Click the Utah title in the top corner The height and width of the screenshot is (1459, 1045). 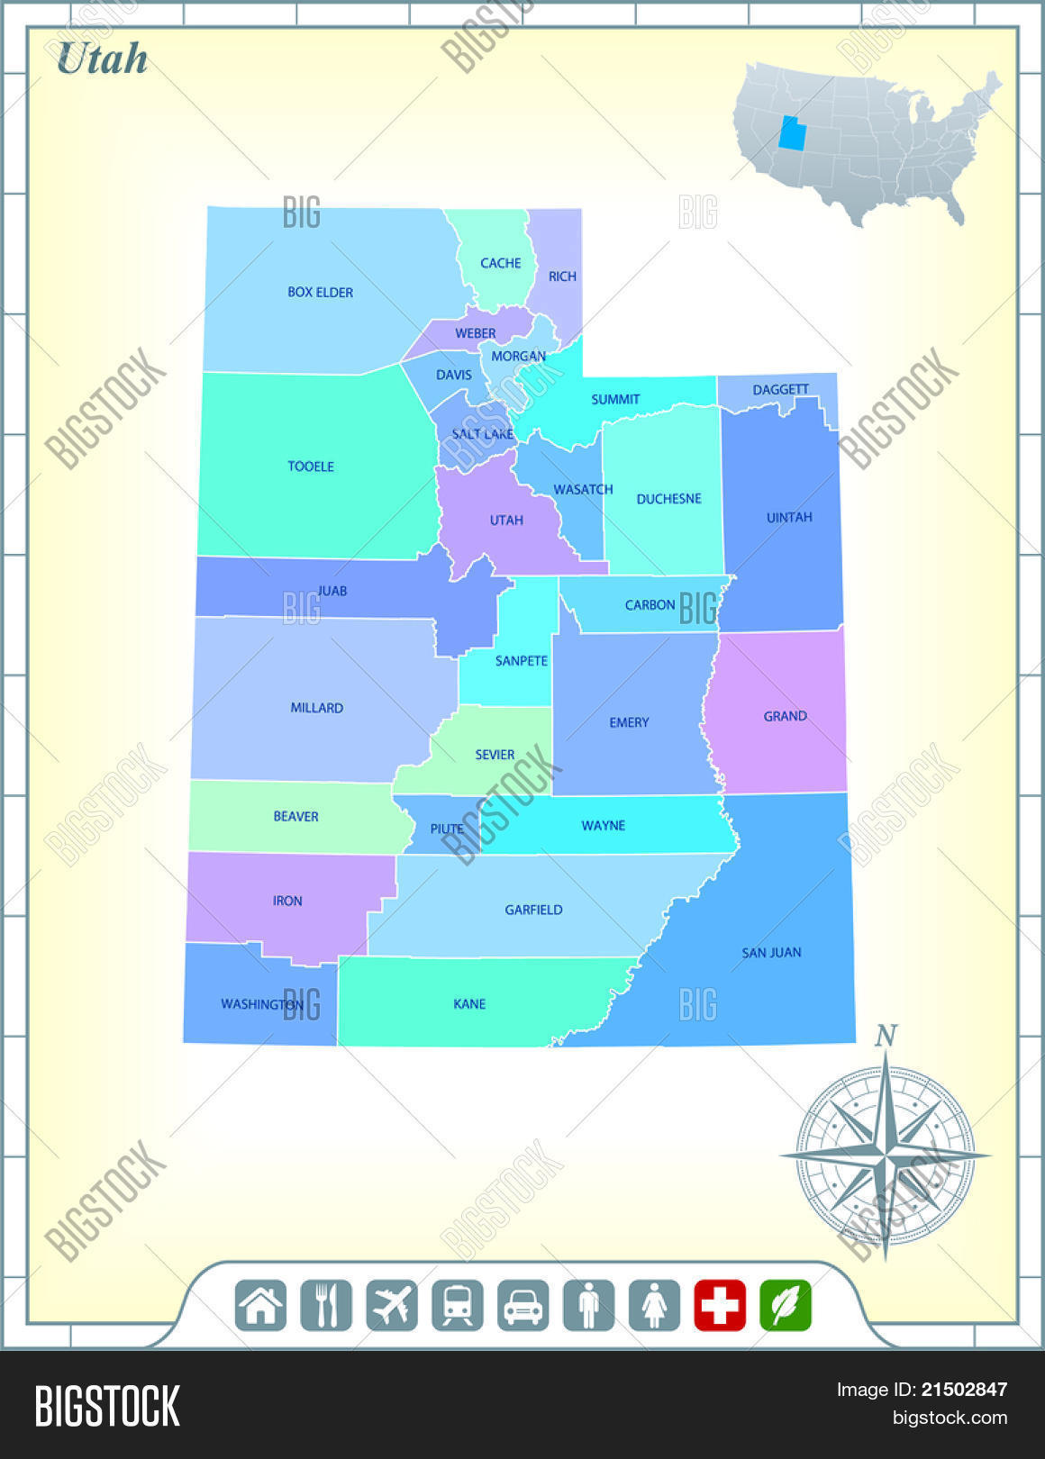tap(102, 59)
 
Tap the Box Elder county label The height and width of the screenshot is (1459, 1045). tap(320, 292)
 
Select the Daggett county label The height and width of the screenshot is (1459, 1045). tap(780, 389)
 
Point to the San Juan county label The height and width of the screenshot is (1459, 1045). tap(771, 952)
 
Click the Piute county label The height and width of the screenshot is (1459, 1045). tap(447, 829)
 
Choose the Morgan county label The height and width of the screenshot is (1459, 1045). tap(518, 356)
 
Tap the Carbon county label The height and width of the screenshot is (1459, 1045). tap(650, 604)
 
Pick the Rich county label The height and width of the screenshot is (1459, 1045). tap(562, 276)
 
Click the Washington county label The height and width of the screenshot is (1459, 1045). tap(261, 1003)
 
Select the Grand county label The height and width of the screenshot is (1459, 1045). tap(785, 716)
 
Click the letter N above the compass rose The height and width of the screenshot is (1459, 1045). tap(886, 1036)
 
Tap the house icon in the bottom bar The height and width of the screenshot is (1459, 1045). tap(260, 1305)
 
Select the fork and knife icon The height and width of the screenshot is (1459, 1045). tap(326, 1305)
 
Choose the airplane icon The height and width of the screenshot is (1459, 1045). tap(392, 1305)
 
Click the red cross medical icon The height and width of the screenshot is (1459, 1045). tap(720, 1305)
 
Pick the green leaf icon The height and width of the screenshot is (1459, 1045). tap(786, 1305)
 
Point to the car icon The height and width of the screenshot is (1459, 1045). tap(523, 1305)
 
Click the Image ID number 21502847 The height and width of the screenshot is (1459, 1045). tap(964, 1390)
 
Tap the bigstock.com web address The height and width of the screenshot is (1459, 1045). tap(950, 1418)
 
